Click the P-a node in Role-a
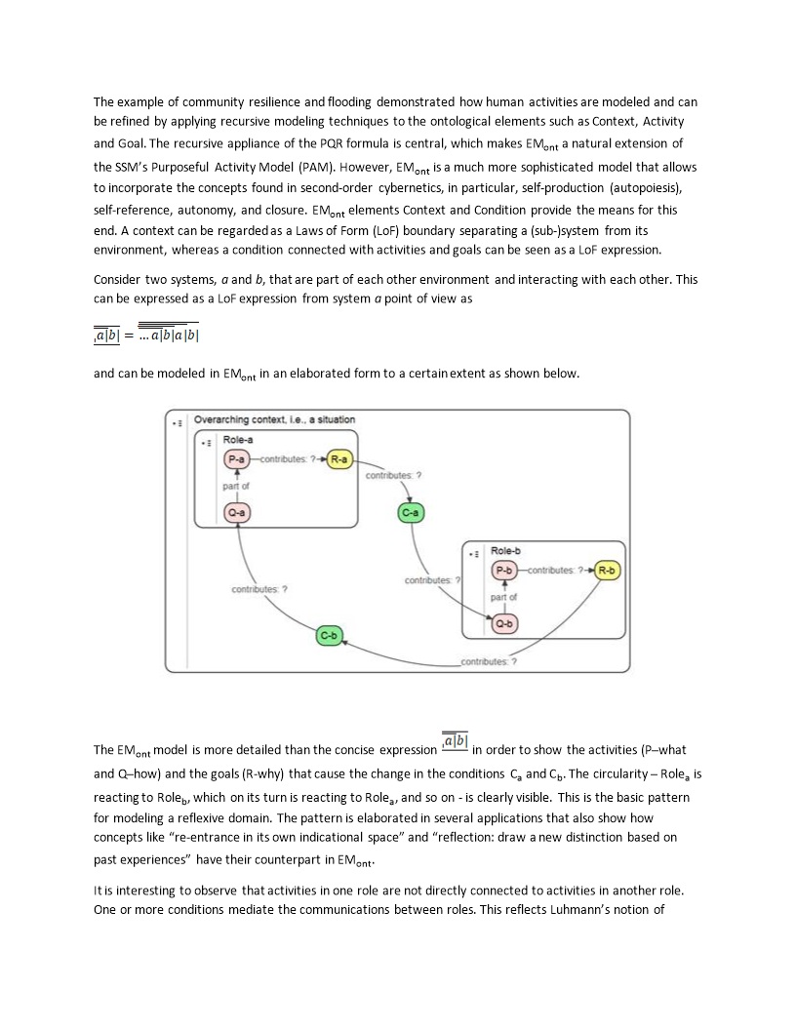[237, 459]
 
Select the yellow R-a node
[339, 459]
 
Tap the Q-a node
[237, 512]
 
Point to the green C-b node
[329, 636]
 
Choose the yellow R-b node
[608, 571]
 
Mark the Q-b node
[504, 623]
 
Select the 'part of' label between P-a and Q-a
[237, 486]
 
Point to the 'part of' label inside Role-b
[504, 597]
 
